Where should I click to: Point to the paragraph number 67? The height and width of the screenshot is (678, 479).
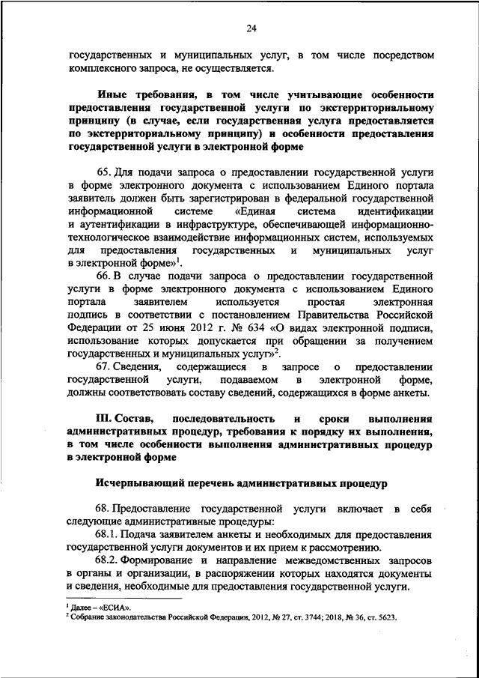pyautogui.click(x=106, y=367)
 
